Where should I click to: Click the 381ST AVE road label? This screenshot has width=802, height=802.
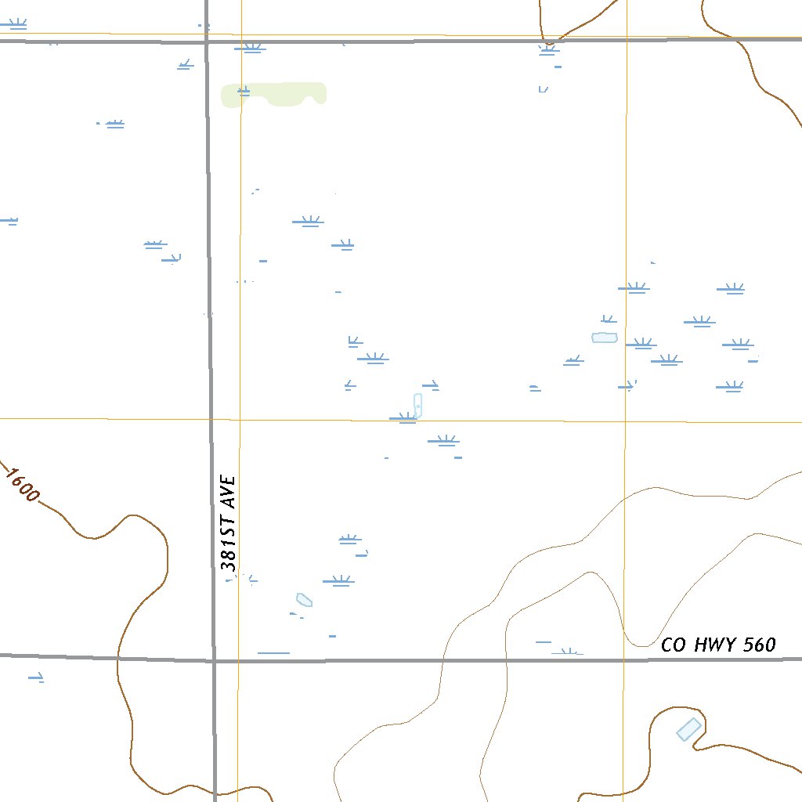point(228,522)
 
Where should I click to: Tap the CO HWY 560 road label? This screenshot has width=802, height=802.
point(718,645)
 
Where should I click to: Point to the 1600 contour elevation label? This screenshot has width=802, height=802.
point(22,485)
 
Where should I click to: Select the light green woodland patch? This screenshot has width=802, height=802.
point(274,94)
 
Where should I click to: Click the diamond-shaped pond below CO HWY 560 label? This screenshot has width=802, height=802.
point(688,729)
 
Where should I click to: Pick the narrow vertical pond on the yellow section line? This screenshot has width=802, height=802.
point(417,405)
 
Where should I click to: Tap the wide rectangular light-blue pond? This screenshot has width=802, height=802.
point(605,338)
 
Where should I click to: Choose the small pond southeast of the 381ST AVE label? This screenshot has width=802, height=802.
point(305,601)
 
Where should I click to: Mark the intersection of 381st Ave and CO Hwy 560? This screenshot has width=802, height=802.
point(213,660)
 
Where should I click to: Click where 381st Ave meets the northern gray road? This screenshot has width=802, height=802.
point(207,41)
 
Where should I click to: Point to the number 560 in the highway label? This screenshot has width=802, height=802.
point(760,645)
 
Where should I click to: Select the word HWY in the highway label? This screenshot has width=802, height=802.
point(713,645)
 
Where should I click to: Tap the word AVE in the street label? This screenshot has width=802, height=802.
point(228,490)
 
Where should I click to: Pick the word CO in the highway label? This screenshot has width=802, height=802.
point(673,645)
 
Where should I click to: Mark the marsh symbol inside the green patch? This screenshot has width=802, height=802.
point(244,92)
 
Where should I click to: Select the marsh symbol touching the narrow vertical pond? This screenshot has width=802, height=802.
point(403,418)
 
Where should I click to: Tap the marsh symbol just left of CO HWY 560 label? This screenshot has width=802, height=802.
point(569,651)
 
